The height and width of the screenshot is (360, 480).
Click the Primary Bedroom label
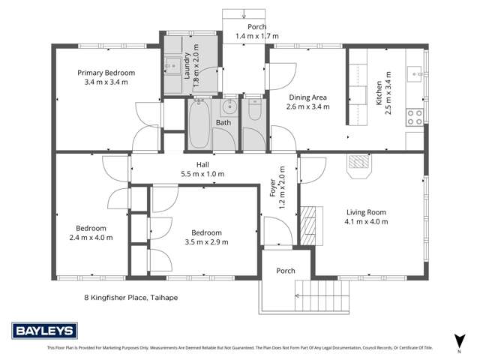click(x=106, y=73)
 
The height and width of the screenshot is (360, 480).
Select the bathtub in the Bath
click(x=199, y=124)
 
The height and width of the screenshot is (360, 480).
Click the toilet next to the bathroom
click(x=254, y=112)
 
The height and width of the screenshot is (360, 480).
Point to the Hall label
click(x=202, y=164)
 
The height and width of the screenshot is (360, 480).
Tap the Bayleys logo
click(x=40, y=331)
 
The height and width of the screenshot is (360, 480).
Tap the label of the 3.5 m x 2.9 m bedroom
click(x=205, y=232)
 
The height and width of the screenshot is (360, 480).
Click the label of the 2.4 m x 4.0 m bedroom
click(x=90, y=228)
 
